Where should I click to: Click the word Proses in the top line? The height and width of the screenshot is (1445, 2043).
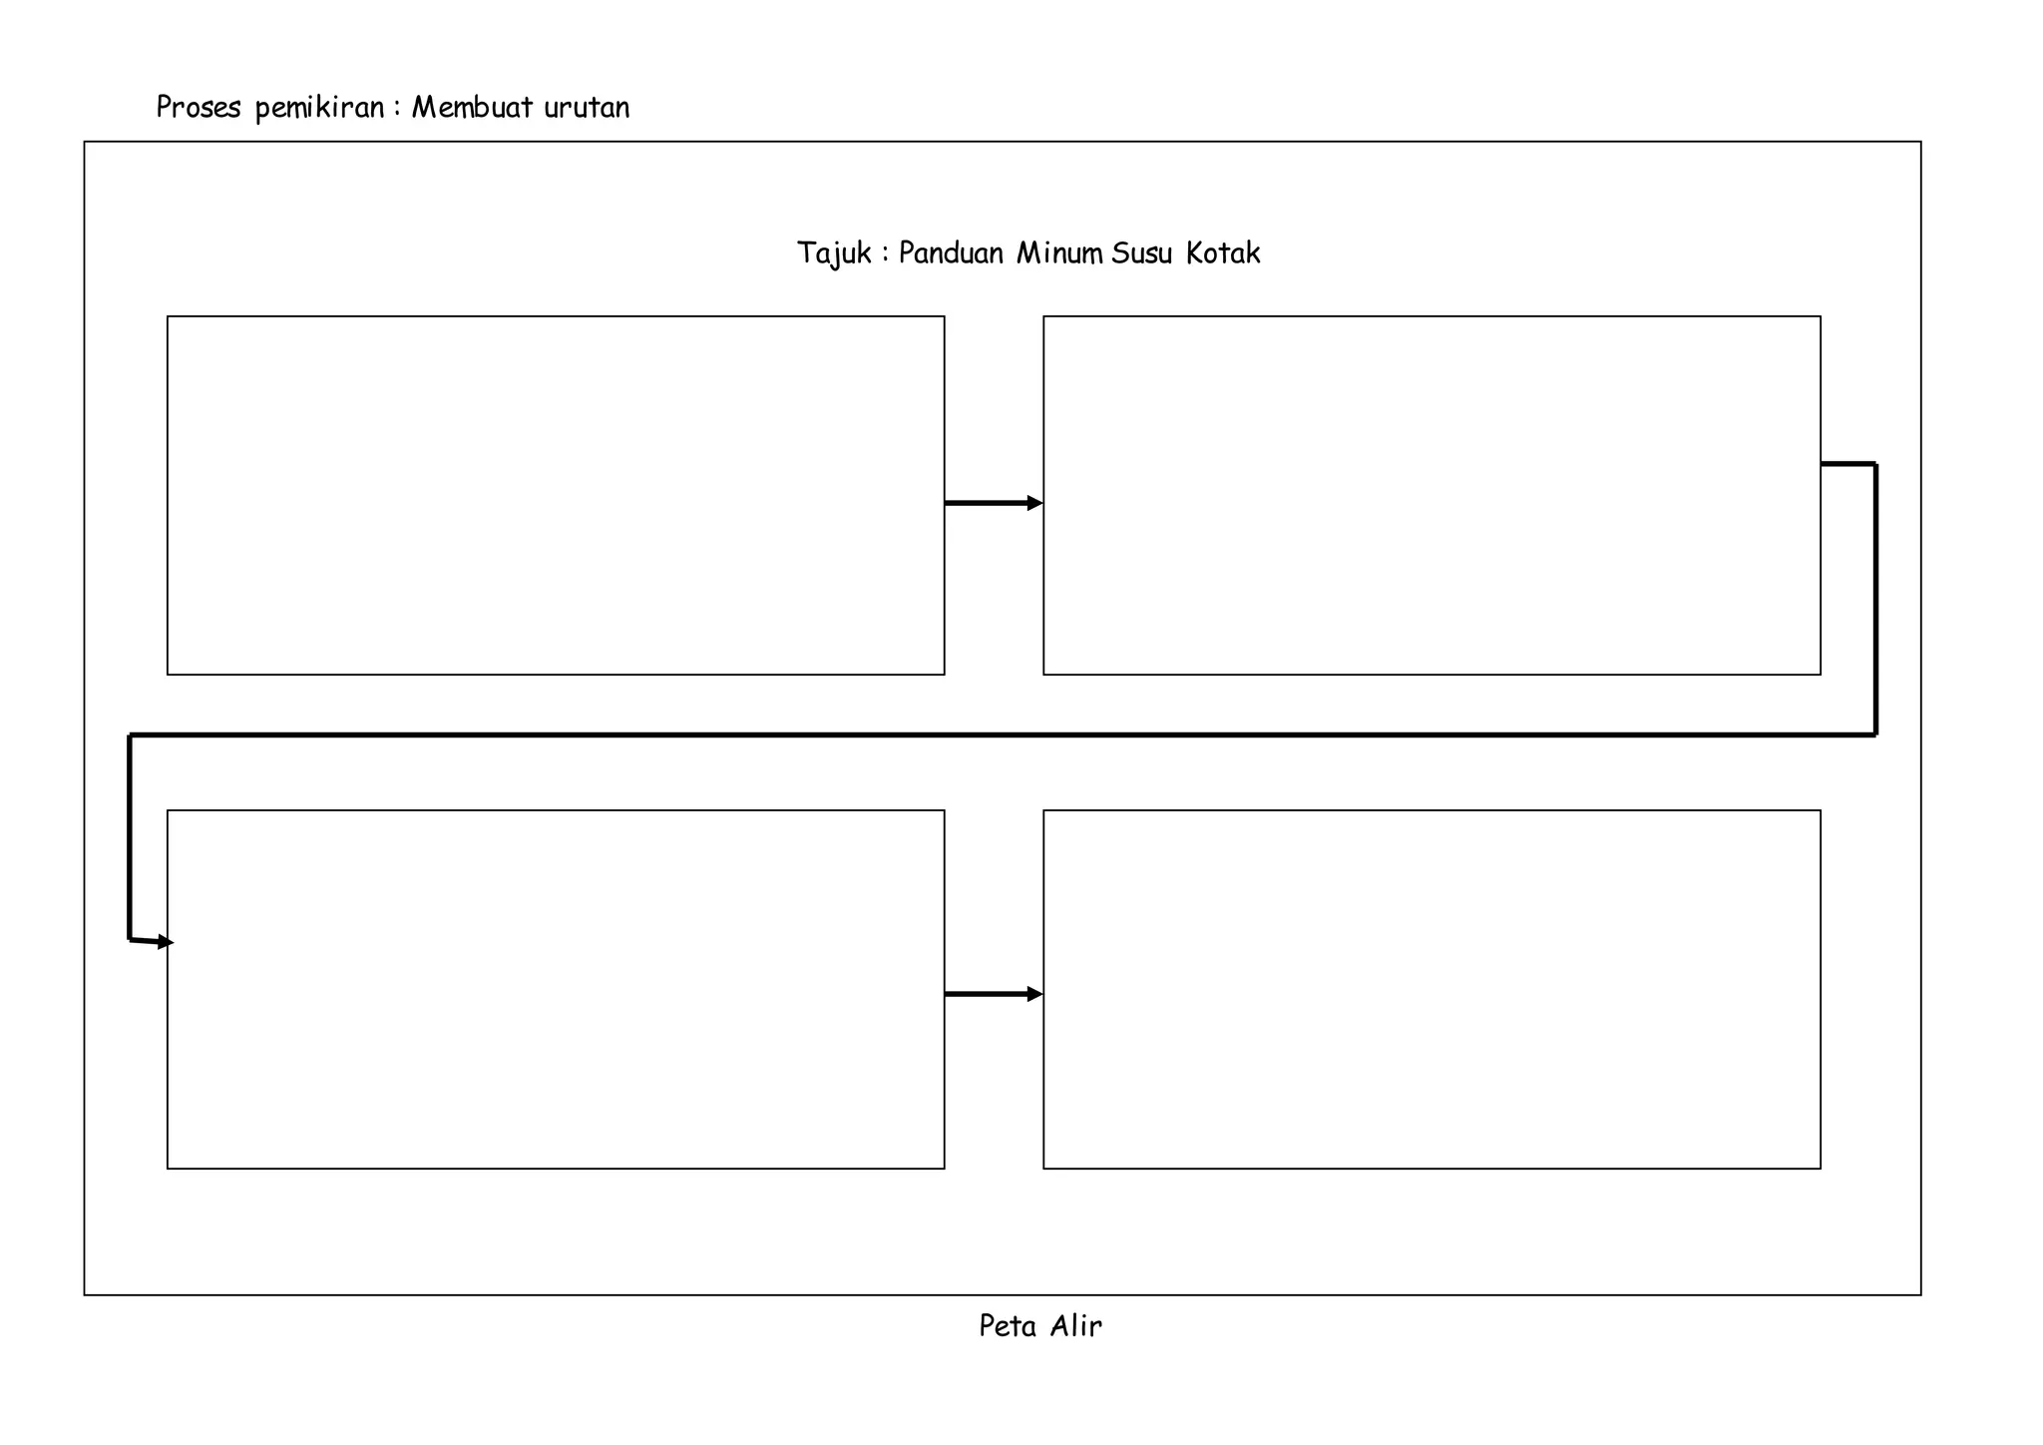point(199,107)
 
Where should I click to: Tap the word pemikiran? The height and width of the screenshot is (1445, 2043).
point(320,108)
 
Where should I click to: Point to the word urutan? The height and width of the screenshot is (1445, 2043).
point(588,108)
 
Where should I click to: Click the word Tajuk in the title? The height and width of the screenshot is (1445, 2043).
point(835,253)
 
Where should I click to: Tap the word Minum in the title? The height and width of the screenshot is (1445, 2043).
point(1059,252)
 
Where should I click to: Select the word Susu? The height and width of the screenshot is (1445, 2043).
point(1141,252)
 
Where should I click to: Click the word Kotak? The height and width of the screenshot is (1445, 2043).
point(1223,252)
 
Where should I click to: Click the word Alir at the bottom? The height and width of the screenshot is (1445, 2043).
point(1076,1325)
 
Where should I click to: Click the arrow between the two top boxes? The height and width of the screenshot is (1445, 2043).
point(994,503)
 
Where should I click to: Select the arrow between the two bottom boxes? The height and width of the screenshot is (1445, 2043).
point(994,994)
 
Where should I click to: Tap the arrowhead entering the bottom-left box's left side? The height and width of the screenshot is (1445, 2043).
point(166,942)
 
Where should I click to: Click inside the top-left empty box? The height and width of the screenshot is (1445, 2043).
point(556,495)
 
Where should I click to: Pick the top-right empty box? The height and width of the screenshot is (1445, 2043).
point(1431,495)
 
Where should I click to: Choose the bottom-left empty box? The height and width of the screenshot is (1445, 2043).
point(556,989)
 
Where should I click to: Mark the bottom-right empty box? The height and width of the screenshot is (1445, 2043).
point(1431,989)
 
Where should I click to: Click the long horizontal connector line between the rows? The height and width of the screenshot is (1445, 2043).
point(1003,735)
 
